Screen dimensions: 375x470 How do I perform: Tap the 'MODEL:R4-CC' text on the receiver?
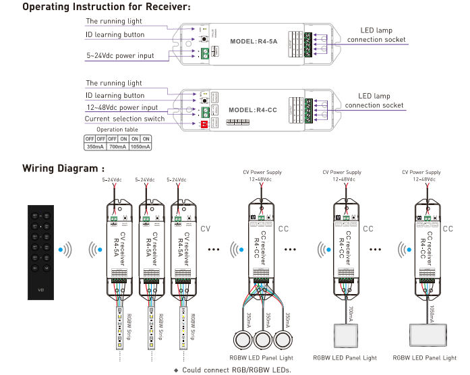[253, 109]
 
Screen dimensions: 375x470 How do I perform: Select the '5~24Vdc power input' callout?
[120, 55]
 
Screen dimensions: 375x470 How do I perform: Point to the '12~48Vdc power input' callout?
[121, 107]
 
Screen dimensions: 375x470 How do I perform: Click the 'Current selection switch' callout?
[125, 119]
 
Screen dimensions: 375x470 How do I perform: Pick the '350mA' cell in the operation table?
[95, 146]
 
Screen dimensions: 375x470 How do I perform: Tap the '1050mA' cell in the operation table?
[140, 146]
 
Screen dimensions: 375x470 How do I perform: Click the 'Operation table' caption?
[117, 129]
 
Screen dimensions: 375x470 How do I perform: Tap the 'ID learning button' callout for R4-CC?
[115, 96]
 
